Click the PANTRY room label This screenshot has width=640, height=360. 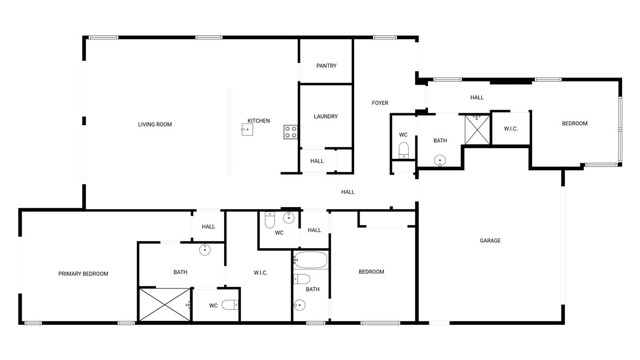[326, 66]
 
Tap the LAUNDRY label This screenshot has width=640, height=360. [325, 117]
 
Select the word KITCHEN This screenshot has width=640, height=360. [259, 121]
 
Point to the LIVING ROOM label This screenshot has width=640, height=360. [155, 124]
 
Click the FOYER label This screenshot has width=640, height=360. [380, 103]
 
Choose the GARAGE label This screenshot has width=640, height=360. [490, 240]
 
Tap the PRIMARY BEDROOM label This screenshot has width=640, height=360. [83, 273]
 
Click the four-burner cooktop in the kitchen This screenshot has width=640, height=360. [290, 129]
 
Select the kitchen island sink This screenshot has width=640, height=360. [246, 128]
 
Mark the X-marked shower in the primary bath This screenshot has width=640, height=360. [164, 304]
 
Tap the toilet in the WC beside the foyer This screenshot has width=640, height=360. [403, 150]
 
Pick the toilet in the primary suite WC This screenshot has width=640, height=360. [230, 305]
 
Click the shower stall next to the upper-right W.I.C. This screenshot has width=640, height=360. [476, 128]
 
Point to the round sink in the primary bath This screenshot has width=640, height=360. [205, 250]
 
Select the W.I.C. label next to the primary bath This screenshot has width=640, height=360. [260, 272]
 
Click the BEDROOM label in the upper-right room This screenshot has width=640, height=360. [574, 123]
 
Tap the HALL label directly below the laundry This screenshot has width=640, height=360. [317, 161]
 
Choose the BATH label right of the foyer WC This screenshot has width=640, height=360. [440, 141]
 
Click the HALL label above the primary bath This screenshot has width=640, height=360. [208, 227]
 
